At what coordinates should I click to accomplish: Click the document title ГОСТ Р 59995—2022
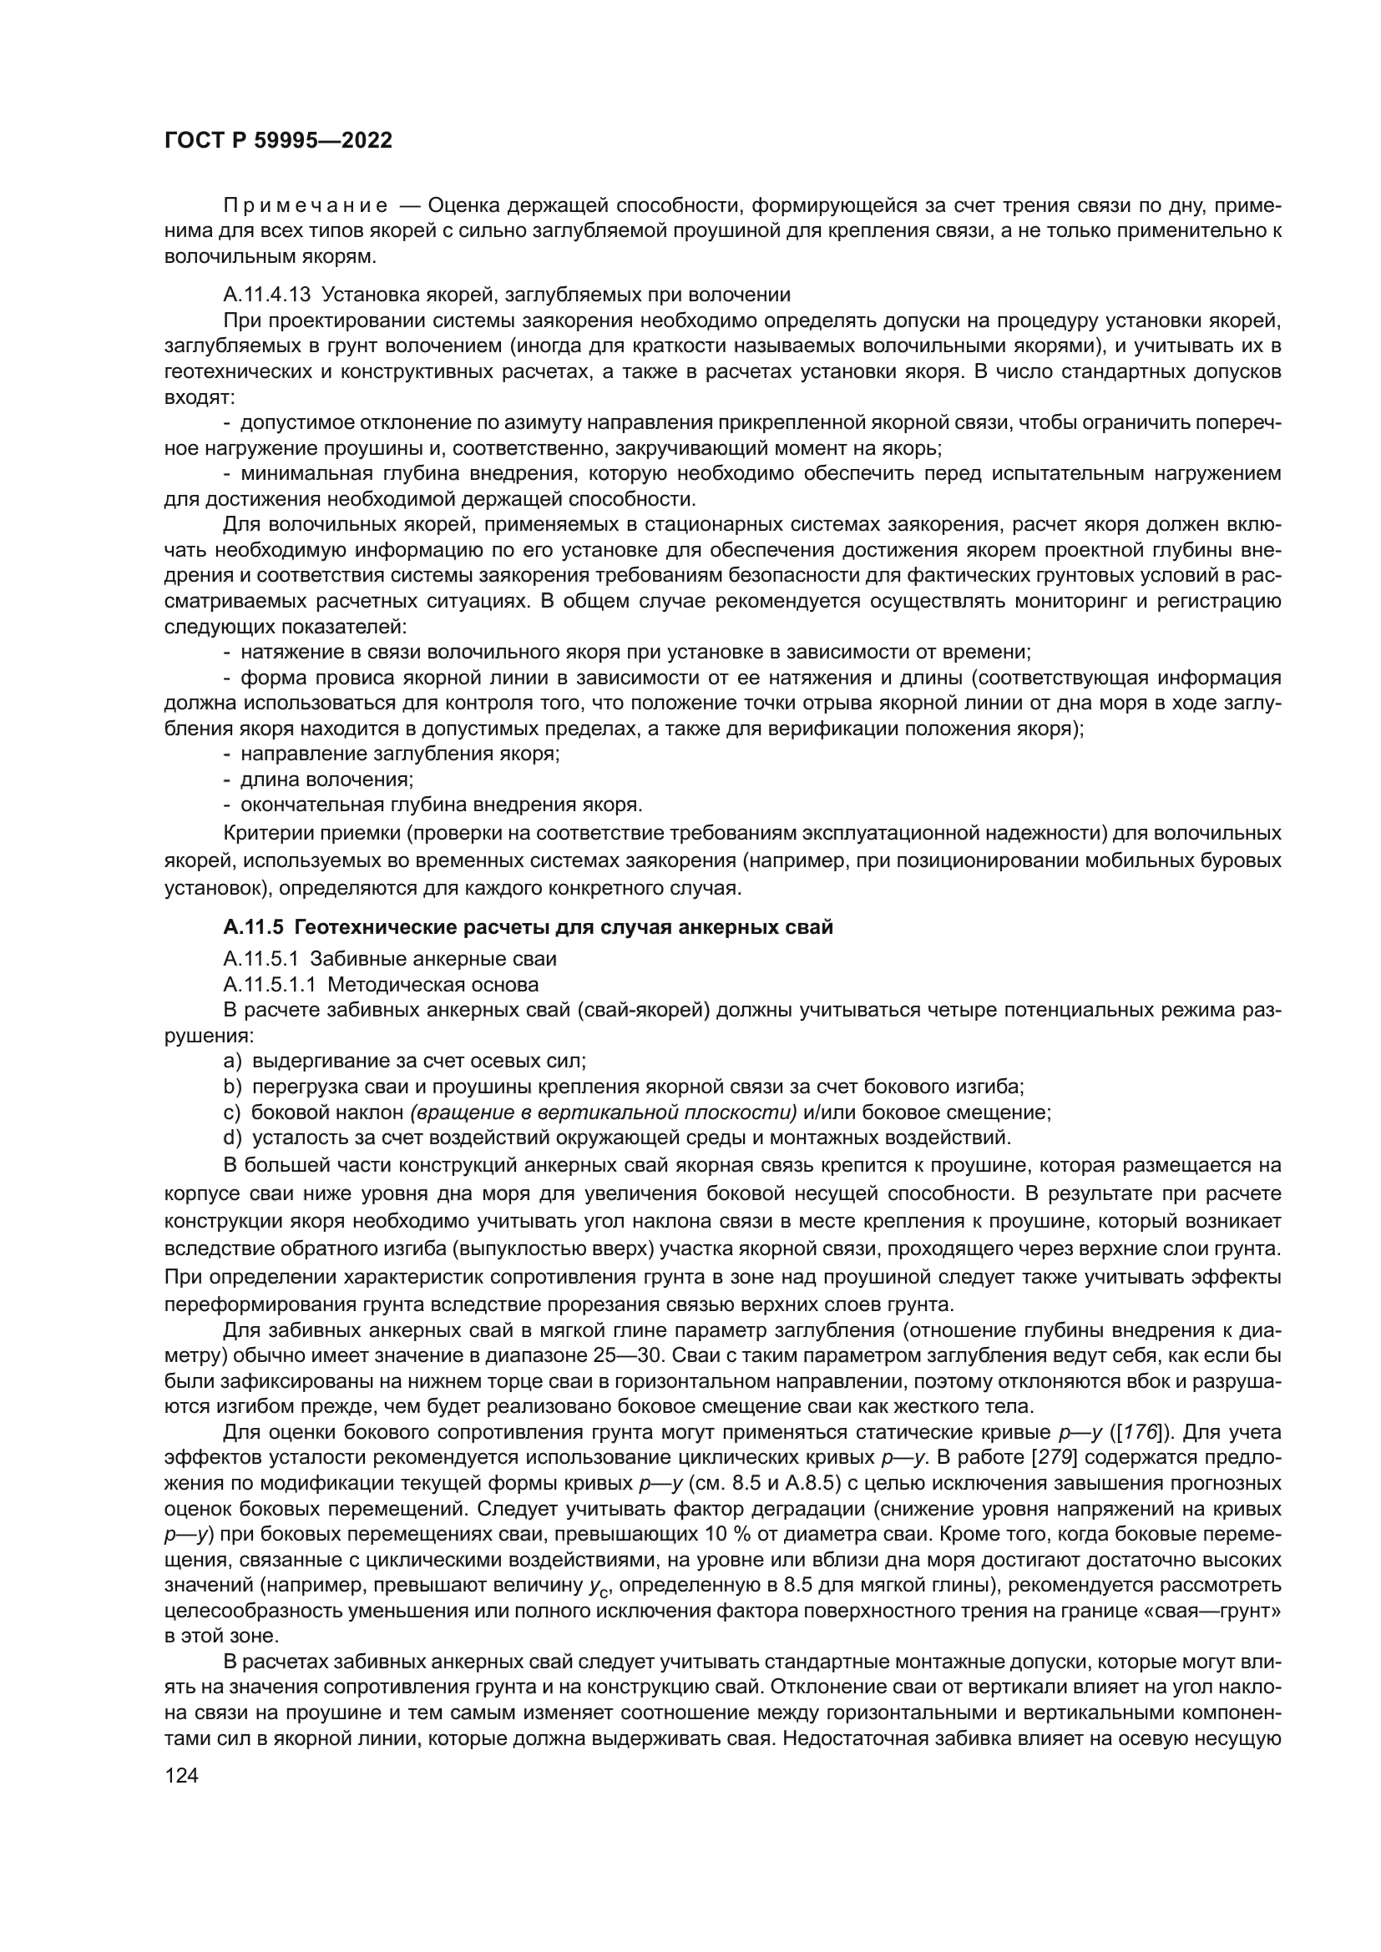[278, 141]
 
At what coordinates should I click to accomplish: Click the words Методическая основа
[433, 985]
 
